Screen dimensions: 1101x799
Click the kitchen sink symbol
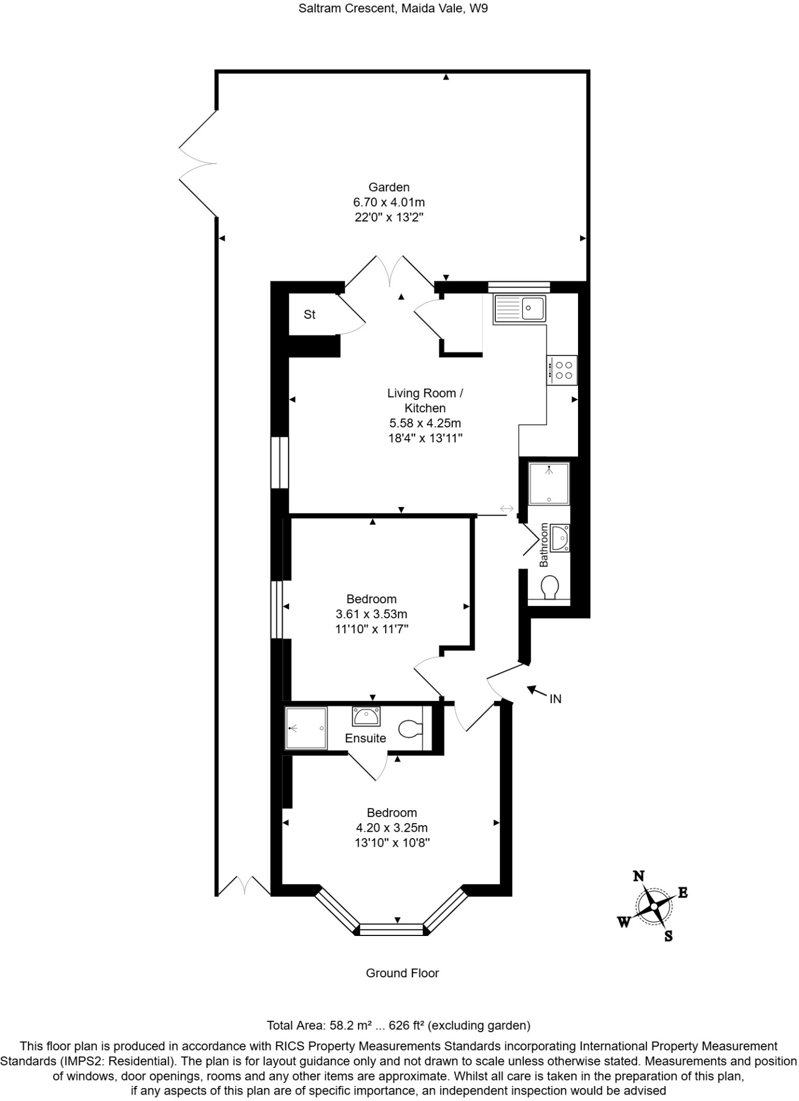click(x=519, y=309)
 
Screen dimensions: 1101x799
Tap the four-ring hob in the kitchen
click(x=562, y=370)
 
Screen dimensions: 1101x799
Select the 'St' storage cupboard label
click(x=309, y=314)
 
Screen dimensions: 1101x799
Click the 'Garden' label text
click(x=389, y=187)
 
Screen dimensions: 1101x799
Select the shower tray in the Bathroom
click(x=549, y=483)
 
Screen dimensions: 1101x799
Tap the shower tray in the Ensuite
click(x=306, y=728)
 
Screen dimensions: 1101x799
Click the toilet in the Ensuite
click(x=411, y=729)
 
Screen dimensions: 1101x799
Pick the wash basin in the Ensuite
click(x=366, y=717)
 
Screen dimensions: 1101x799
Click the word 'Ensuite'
click(x=366, y=738)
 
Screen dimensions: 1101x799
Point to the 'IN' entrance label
click(x=555, y=699)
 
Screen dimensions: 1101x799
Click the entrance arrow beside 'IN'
click(x=535, y=690)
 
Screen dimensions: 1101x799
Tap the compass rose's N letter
click(x=638, y=876)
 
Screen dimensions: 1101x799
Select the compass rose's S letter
click(x=668, y=936)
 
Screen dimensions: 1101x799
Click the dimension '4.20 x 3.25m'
click(x=391, y=828)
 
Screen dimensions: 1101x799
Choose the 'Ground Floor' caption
click(x=402, y=973)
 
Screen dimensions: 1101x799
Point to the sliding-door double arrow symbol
click(x=506, y=508)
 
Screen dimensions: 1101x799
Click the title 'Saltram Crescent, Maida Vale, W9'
click(x=393, y=9)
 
